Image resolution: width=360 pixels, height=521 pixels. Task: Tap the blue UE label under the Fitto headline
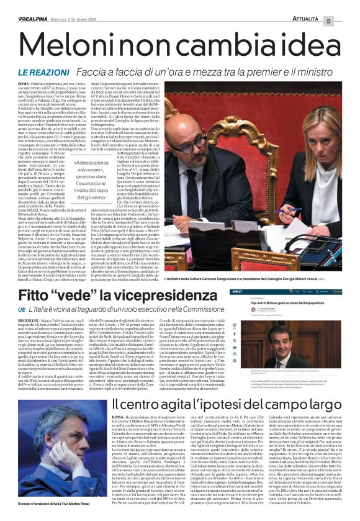[x=21, y=309]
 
